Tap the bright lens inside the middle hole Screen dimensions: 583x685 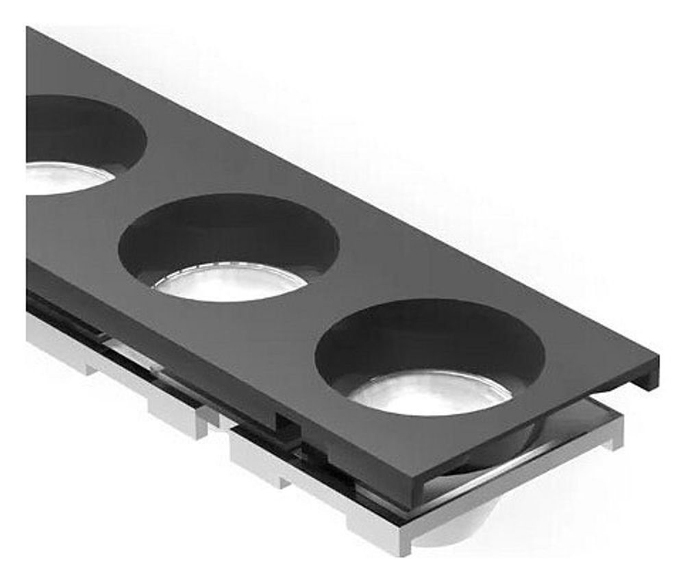tap(229, 282)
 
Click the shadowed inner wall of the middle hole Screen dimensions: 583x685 tap(226, 230)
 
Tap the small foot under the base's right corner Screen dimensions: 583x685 tap(610, 438)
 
